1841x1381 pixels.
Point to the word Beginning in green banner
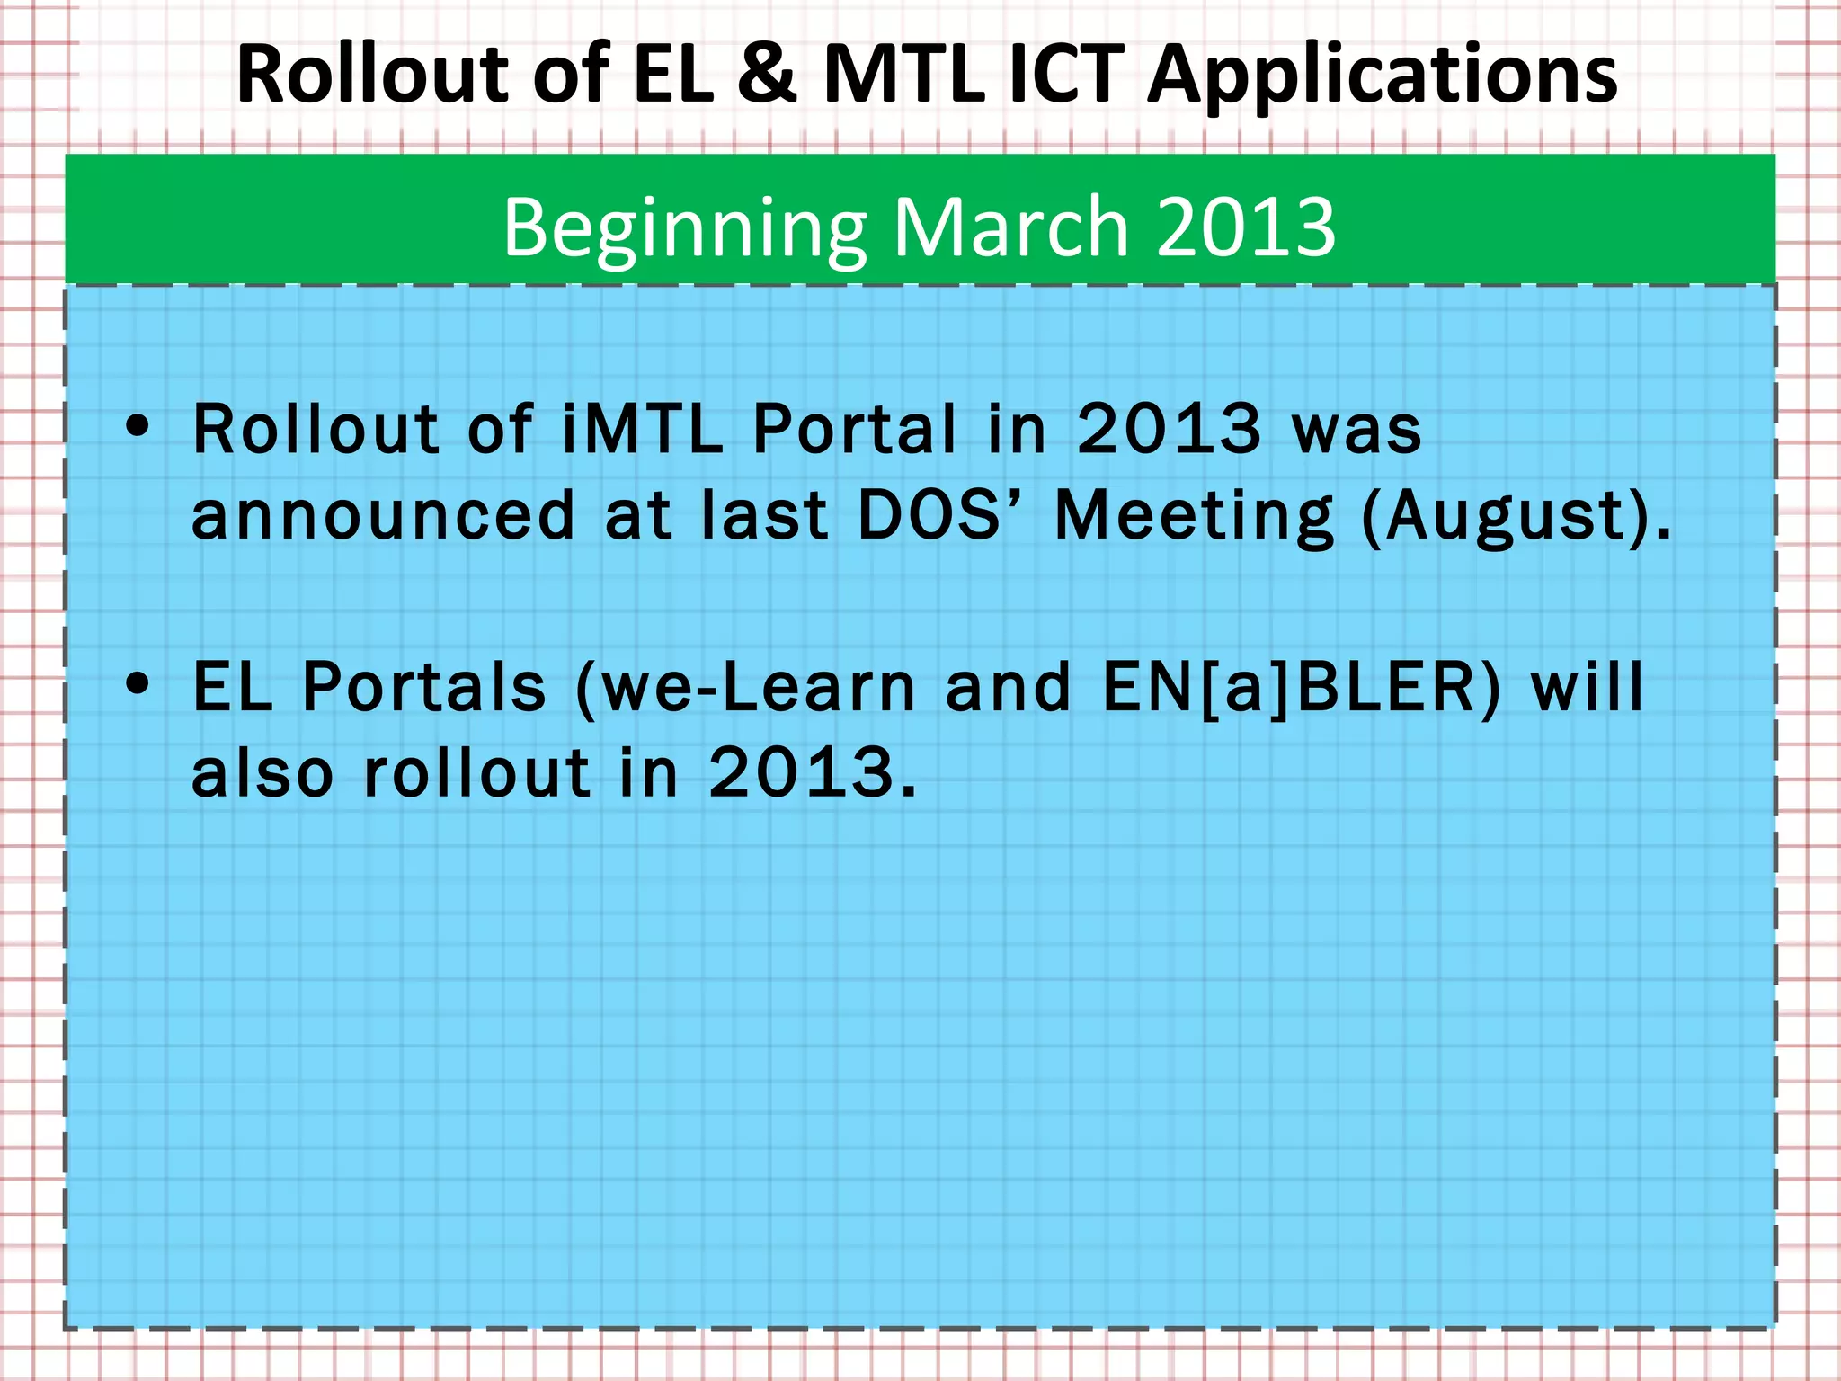click(684, 229)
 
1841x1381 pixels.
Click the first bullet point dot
click(138, 426)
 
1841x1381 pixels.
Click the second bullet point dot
click(138, 684)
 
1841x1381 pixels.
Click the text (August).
click(1516, 518)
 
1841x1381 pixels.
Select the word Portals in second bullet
click(424, 687)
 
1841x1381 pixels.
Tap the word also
click(262, 772)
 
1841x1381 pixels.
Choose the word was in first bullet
click(1356, 430)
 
